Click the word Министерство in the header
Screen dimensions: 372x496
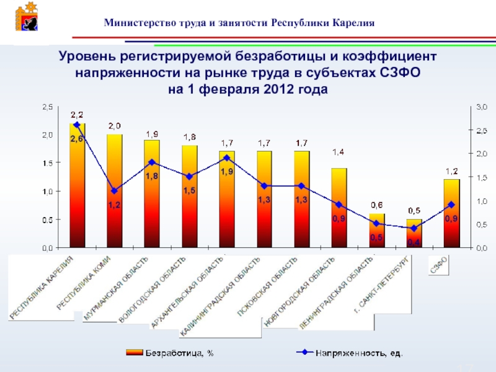tap(135, 23)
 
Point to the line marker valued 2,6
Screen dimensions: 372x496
tap(77, 125)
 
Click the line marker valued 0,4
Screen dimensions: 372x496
tap(414, 228)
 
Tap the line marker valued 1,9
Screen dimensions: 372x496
tap(227, 157)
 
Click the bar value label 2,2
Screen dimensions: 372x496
tap(77, 114)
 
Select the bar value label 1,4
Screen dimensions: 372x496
tap(339, 152)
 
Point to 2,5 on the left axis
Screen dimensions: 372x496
tap(47, 107)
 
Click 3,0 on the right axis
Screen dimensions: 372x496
tap(481, 107)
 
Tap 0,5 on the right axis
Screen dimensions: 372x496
tap(481, 224)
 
